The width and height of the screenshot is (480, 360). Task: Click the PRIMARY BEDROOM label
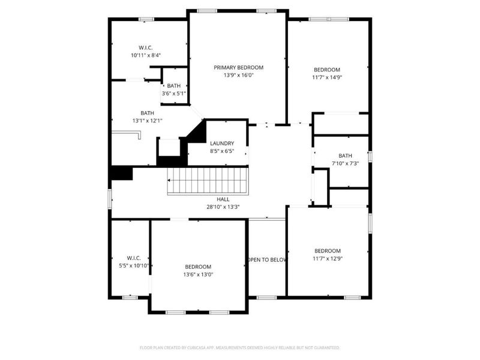click(x=238, y=68)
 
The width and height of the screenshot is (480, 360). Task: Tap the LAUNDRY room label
click(x=221, y=143)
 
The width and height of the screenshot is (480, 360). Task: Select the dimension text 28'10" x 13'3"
click(x=223, y=208)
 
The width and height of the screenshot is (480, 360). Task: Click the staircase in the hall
click(x=207, y=181)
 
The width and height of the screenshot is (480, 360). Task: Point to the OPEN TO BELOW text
click(x=268, y=260)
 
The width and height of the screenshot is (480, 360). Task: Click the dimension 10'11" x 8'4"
click(x=146, y=55)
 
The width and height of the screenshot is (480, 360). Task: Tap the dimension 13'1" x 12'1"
click(x=147, y=121)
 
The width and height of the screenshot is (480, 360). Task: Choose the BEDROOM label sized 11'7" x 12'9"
click(x=327, y=251)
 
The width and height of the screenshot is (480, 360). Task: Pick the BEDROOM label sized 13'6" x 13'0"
click(x=198, y=266)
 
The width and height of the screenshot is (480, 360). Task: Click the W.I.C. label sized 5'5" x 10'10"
click(x=133, y=258)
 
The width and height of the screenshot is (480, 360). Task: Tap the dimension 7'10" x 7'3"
click(x=345, y=163)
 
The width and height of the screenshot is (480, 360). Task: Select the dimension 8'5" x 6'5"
click(x=221, y=151)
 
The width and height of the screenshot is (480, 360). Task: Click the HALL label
click(x=223, y=199)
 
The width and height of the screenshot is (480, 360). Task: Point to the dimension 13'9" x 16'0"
click(x=238, y=76)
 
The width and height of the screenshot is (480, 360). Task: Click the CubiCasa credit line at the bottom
click(x=239, y=347)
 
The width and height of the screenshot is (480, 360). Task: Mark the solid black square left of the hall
click(x=122, y=172)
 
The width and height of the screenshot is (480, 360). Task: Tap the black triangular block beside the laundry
click(x=195, y=132)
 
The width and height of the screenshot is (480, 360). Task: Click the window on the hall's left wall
click(x=110, y=199)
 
